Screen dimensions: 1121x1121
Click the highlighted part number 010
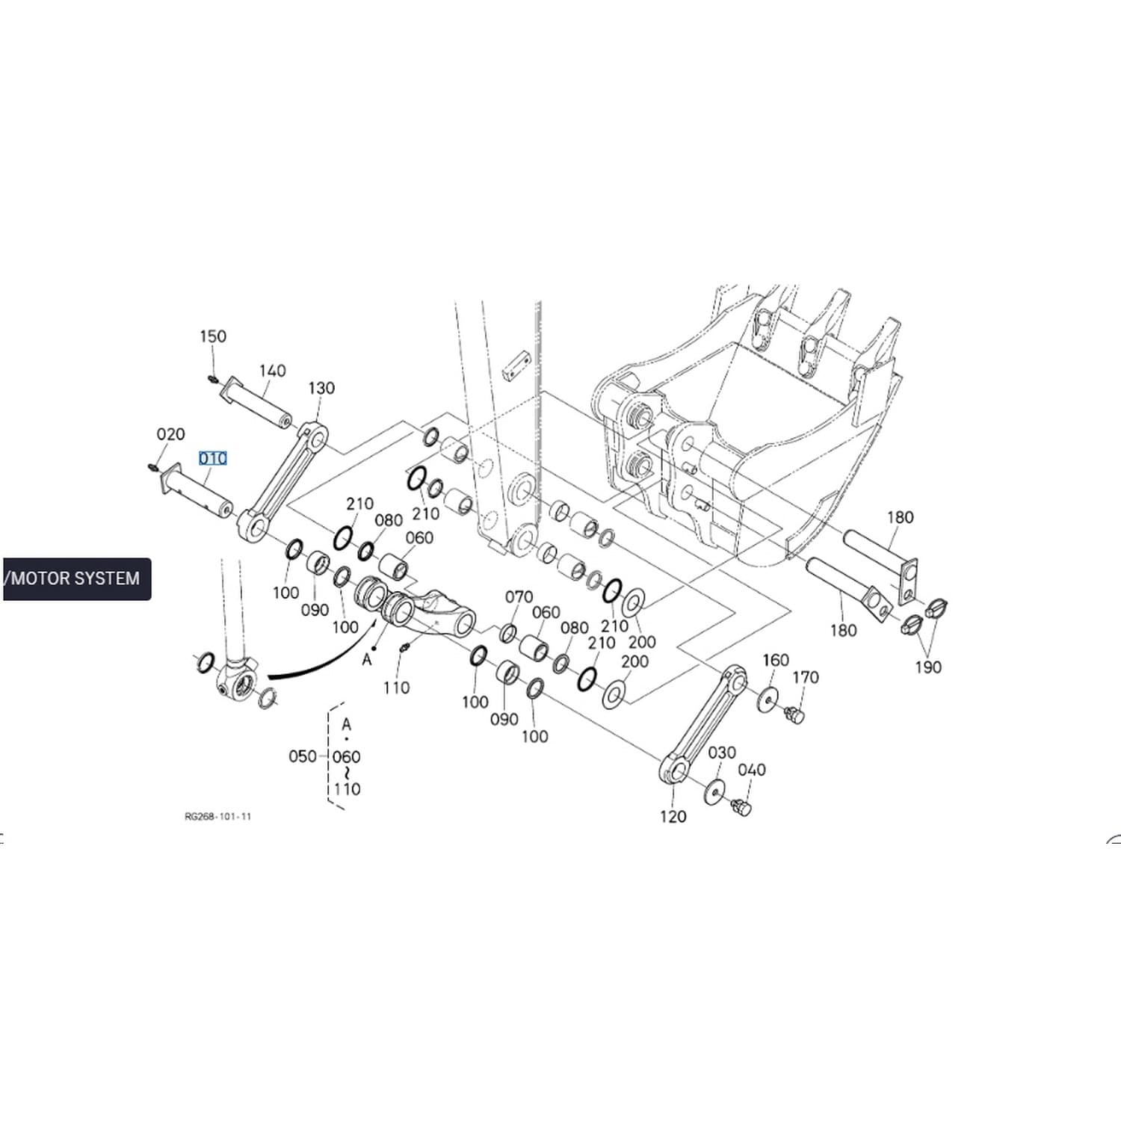tap(213, 458)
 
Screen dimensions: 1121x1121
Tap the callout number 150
tap(213, 336)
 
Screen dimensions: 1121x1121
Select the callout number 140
tap(273, 371)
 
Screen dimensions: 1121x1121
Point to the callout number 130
tap(321, 388)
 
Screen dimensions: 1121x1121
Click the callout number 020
tap(170, 434)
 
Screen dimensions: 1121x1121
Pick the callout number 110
tap(396, 688)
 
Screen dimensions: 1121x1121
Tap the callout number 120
tap(673, 816)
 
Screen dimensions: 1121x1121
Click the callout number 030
tap(722, 753)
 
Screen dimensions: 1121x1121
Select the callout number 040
tap(752, 770)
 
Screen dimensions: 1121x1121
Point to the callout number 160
tap(776, 660)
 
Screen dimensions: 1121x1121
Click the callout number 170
tap(806, 677)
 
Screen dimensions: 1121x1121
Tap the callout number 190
tap(928, 667)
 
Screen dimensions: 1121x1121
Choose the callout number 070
tap(519, 596)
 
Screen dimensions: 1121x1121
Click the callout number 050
tap(303, 756)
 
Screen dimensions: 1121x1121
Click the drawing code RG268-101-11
tap(218, 816)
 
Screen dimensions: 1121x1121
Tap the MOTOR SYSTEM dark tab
tap(76, 578)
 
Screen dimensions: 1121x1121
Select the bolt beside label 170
tap(795, 716)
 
